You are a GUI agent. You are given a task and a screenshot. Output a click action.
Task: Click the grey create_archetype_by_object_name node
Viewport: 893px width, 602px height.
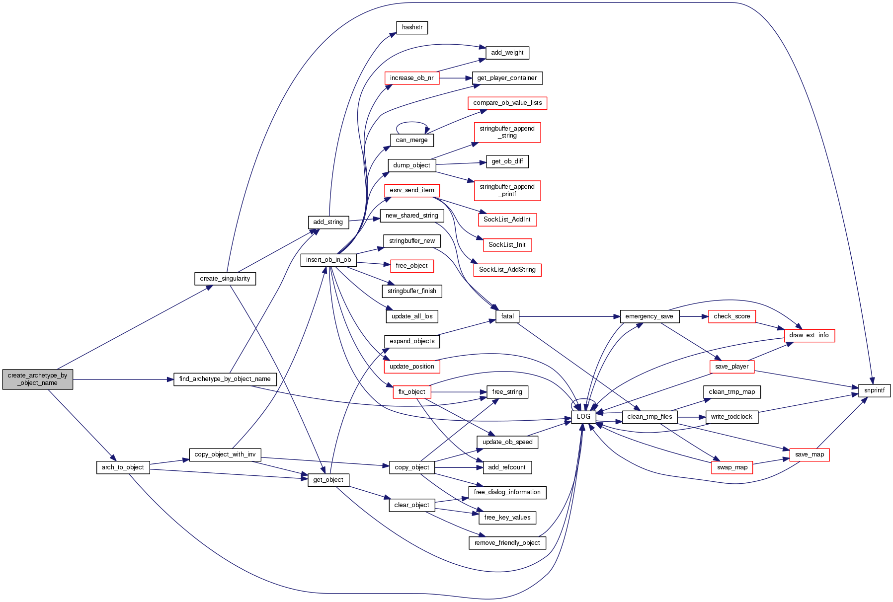(37, 379)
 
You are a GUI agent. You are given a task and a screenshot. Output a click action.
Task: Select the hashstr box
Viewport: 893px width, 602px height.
(412, 27)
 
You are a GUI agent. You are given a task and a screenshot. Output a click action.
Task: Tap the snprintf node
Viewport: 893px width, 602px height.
(874, 390)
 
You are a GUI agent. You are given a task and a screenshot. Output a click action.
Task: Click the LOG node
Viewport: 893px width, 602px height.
(583, 417)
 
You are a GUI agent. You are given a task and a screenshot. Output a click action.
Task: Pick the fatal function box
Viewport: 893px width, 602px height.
(507, 316)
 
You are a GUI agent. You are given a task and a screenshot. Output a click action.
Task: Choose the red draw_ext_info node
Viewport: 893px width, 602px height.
(809, 335)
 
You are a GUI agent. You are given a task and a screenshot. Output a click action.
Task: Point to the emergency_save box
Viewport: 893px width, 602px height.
(649, 316)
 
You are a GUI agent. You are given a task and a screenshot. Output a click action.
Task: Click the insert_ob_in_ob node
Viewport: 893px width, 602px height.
(328, 260)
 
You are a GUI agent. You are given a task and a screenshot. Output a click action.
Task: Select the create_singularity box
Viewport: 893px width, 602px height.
(225, 279)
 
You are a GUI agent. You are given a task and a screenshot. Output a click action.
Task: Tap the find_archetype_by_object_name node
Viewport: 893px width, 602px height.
(225, 379)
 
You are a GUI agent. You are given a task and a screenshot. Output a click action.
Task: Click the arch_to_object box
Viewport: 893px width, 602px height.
(123, 467)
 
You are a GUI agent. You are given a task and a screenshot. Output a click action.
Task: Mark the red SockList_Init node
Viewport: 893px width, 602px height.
(507, 245)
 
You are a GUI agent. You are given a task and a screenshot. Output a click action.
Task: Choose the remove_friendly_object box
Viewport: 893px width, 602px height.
(507, 543)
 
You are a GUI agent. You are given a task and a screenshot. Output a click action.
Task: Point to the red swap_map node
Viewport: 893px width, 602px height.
(732, 467)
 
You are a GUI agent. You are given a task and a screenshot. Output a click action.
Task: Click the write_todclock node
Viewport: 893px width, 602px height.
(731, 417)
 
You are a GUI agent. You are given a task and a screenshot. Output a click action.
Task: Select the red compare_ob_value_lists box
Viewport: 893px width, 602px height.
(507, 103)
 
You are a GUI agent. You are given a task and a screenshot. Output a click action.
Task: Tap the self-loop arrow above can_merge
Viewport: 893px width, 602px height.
(412, 123)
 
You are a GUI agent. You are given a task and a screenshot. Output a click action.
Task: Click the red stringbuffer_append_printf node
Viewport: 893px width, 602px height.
(507, 190)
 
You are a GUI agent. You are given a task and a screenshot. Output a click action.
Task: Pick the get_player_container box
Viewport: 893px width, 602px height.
(507, 78)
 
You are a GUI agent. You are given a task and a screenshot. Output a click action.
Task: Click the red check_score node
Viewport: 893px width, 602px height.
(731, 316)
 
